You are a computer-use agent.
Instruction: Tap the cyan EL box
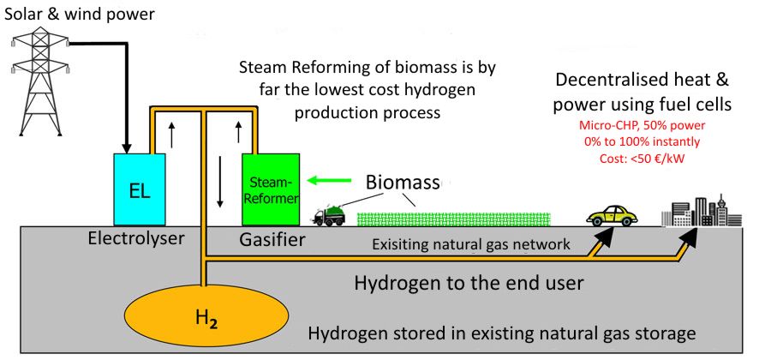[x=140, y=189]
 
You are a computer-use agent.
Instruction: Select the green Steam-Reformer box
[x=271, y=189]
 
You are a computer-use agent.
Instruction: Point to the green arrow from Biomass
[x=329, y=181]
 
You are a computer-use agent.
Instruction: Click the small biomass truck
[x=330, y=215]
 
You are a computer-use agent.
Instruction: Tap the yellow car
[x=613, y=215]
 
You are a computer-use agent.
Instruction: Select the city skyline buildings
[x=702, y=211]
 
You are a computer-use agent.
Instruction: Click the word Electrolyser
[x=136, y=239]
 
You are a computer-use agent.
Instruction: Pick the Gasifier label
[x=272, y=241]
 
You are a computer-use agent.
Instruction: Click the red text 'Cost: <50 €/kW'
[x=642, y=159]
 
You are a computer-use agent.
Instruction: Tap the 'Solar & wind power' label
[x=79, y=14]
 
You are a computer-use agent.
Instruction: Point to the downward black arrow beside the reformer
[x=220, y=182]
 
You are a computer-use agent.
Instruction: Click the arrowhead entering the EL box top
[x=127, y=148]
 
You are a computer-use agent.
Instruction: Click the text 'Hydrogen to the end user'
[x=469, y=283]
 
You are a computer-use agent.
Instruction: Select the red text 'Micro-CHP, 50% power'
[x=642, y=125]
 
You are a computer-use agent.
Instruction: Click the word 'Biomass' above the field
[x=403, y=183]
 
